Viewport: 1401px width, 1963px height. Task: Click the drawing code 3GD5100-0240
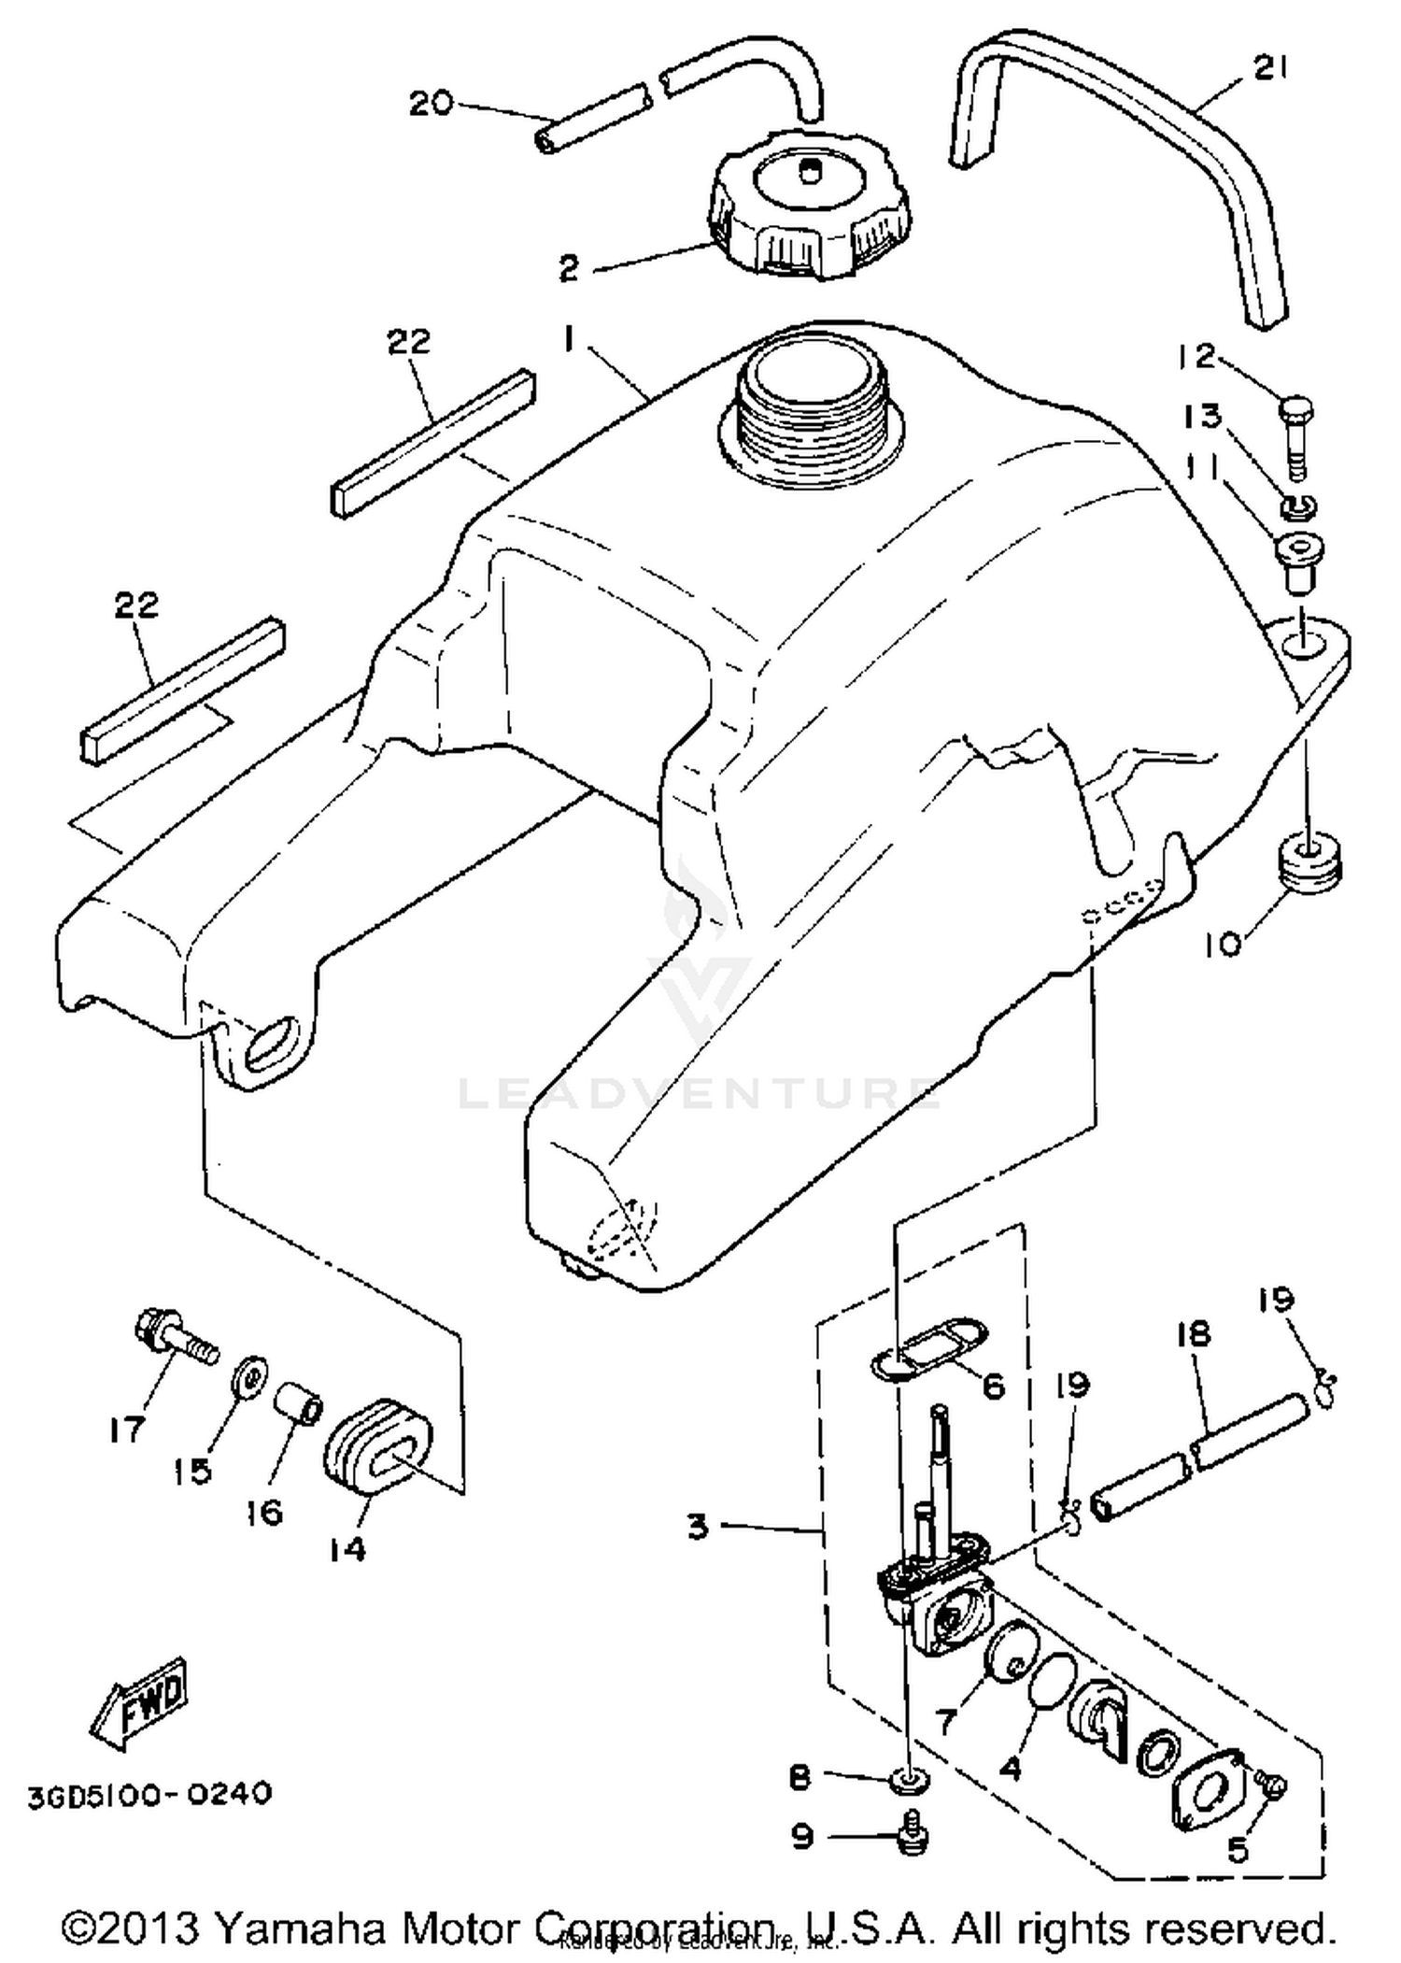click(x=149, y=1793)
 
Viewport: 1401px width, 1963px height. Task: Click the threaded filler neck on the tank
click(x=806, y=402)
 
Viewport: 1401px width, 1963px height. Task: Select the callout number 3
click(x=698, y=1528)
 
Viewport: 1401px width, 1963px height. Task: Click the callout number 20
click(x=431, y=103)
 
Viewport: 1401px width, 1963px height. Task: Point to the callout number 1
click(x=568, y=341)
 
